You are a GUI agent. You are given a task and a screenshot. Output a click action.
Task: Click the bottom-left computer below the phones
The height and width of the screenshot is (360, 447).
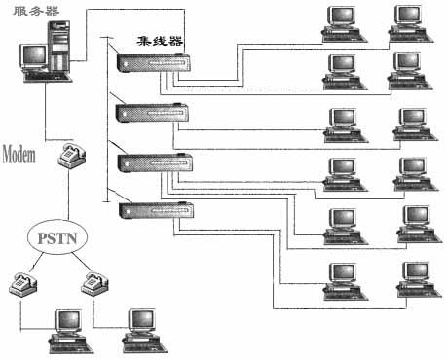[66, 327]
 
